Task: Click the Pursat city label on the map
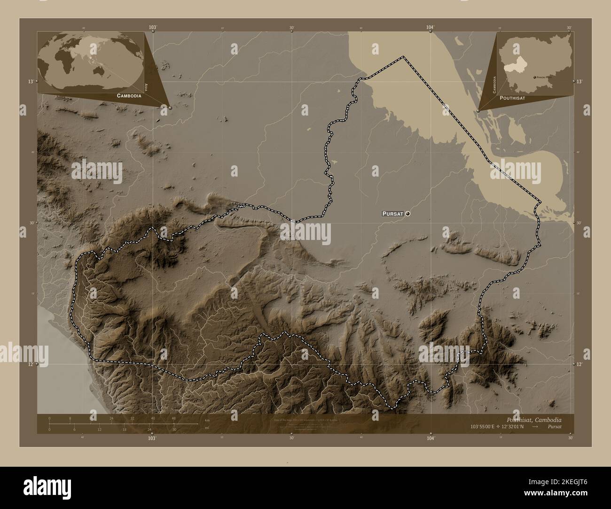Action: pyautogui.click(x=393, y=214)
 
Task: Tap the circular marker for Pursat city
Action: pyautogui.click(x=407, y=214)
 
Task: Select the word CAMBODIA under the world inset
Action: pyautogui.click(x=126, y=95)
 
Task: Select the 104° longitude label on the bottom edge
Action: pyautogui.click(x=431, y=438)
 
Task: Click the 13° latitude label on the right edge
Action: pyautogui.click(x=580, y=82)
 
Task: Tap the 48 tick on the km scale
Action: pyautogui.click(x=173, y=418)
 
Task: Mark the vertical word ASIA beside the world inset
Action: pyautogui.click(x=147, y=86)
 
